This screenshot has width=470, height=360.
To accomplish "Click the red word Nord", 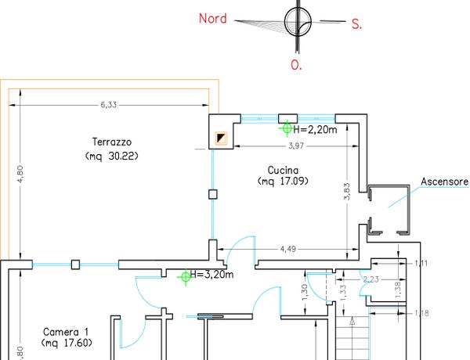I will pos(212,18).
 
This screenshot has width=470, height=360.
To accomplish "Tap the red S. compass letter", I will pos(356,24).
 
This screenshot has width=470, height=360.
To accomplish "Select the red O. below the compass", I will pos(296,66).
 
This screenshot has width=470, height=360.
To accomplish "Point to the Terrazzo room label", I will pos(110,142).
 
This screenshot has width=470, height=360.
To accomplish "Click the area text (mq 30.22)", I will pos(111,156).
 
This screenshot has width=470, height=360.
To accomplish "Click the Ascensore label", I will pos(444,182).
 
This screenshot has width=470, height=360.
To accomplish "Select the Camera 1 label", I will pos(66,330).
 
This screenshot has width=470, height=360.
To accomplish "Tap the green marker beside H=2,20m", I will pos(287,127).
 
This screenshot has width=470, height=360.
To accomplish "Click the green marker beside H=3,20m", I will pos(186,275).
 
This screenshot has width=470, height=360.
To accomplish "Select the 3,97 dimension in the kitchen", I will pos(296,146).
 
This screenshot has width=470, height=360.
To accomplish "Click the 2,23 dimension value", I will pos(371,279).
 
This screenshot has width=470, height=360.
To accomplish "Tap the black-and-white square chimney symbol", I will pos(222,139).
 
